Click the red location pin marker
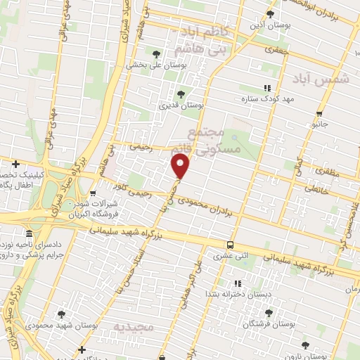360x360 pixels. tap(181, 167)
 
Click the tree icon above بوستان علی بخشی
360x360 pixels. tap(156, 53)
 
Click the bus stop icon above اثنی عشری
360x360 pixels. tap(230, 245)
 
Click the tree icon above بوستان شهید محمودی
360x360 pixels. tap(62, 314)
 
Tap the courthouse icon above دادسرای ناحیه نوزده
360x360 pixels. tap(29, 233)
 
